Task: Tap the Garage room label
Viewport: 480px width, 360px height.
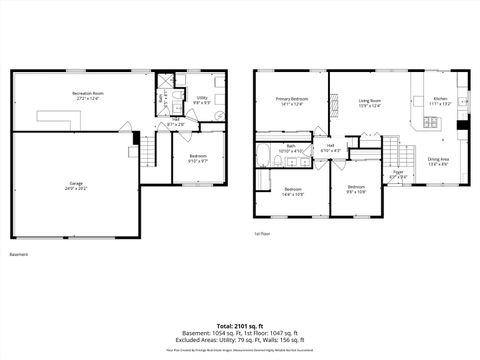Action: pyautogui.click(x=76, y=186)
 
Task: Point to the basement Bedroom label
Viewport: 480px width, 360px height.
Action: pyautogui.click(x=198, y=158)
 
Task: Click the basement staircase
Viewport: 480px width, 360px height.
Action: pyautogui.click(x=148, y=153)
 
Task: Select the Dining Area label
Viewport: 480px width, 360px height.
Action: pyautogui.click(x=438, y=160)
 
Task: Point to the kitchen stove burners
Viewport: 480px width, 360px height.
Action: pyautogui.click(x=432, y=123)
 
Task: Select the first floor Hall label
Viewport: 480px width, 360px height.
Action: pyautogui.click(x=331, y=148)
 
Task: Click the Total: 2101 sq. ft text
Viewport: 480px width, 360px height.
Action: pyautogui.click(x=240, y=325)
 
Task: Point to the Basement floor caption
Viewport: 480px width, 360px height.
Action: pyautogui.click(x=19, y=254)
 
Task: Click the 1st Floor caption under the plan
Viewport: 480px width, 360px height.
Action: pyautogui.click(x=263, y=233)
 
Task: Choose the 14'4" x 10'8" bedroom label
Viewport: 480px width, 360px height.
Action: pyautogui.click(x=293, y=191)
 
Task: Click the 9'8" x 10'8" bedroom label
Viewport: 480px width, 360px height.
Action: pyautogui.click(x=357, y=189)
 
